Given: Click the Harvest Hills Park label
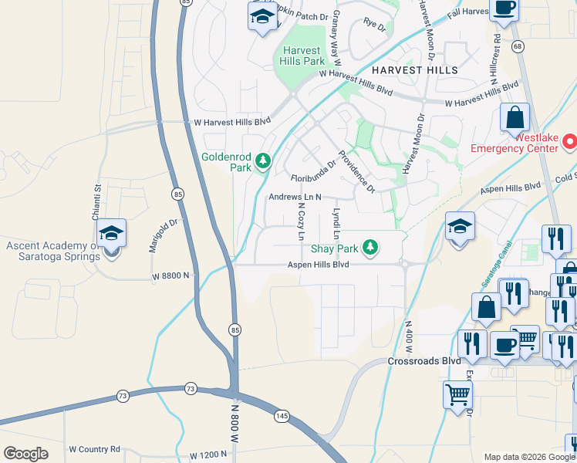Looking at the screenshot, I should point(302,55).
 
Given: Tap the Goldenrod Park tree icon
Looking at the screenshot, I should point(264,161).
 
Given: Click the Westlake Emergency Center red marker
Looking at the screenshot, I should point(570,141).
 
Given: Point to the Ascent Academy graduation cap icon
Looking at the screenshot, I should point(111,234).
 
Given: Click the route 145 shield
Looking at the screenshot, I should point(282,417).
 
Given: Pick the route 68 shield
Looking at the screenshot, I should point(518,47).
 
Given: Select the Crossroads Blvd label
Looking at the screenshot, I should point(423,361).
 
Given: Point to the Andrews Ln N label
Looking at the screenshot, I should point(294,197).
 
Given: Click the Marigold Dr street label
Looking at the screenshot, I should point(163,235).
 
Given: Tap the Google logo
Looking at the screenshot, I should point(25,454).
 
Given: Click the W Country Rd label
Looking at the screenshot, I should point(95,448).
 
